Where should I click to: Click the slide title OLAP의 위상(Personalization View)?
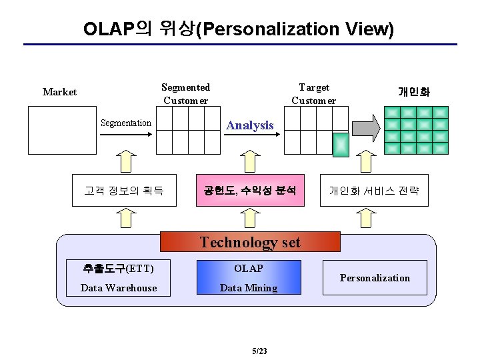(239, 29)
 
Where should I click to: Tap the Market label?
(59, 92)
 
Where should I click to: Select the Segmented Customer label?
(185, 94)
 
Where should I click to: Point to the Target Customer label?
(313, 94)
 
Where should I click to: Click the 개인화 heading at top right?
(414, 92)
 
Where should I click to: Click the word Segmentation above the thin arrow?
(125, 123)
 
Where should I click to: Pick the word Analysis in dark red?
(250, 125)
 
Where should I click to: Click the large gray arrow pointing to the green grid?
(366, 126)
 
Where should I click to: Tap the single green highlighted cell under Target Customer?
(341, 145)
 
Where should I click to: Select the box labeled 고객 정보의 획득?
(124, 191)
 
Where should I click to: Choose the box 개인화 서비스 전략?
(373, 191)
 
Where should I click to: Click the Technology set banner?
(250, 242)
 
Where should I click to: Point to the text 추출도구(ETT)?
(118, 269)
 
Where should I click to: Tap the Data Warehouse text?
(119, 288)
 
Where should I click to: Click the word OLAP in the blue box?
(249, 269)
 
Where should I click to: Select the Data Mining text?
(249, 288)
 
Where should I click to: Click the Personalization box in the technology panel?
(375, 278)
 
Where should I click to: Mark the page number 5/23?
(259, 351)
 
